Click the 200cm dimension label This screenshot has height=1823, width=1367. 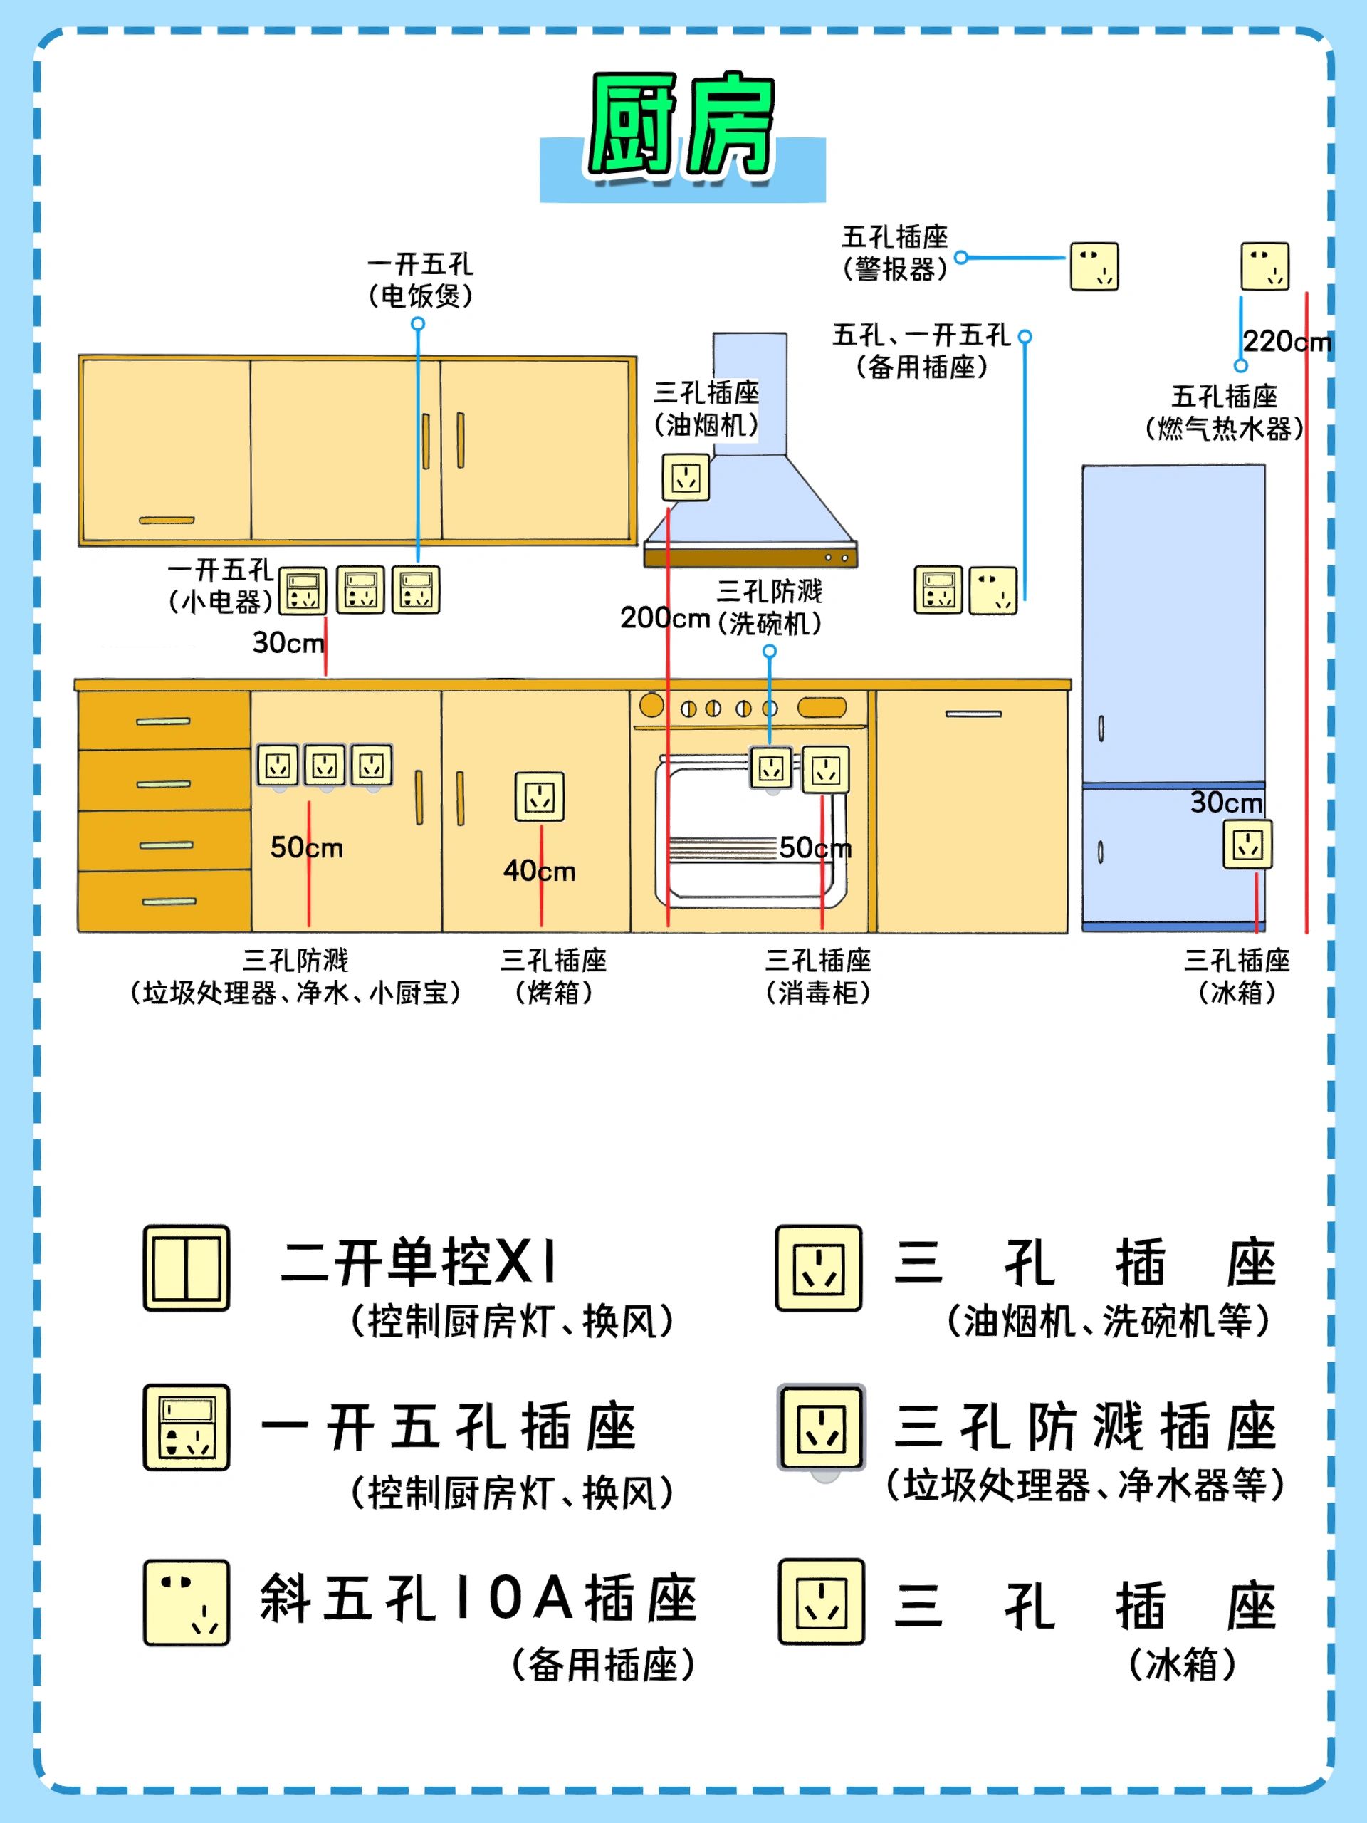point(665,617)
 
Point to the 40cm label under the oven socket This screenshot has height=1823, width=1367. point(539,870)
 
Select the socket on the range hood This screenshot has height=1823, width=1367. point(686,477)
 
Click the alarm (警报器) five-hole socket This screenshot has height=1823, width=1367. point(1094,266)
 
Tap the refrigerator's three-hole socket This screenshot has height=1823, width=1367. point(1247,844)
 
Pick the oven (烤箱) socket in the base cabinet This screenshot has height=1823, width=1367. point(539,796)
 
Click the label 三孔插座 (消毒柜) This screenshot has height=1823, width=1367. point(817,976)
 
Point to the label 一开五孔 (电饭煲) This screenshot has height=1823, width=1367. point(420,280)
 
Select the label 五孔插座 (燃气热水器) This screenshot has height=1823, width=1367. point(1224,412)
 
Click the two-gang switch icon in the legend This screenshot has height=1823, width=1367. point(187,1268)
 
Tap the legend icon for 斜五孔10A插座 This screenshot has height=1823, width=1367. point(187,1602)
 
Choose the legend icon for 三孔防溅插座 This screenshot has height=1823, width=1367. point(822,1428)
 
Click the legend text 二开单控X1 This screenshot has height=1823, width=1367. point(419,1263)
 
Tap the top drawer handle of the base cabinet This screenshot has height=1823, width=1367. point(163,722)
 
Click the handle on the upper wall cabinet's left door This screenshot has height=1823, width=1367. point(167,520)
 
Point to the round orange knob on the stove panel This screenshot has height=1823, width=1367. point(651,706)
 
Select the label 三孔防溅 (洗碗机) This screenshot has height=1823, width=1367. point(769,607)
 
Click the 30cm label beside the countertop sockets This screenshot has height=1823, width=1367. point(288,642)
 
